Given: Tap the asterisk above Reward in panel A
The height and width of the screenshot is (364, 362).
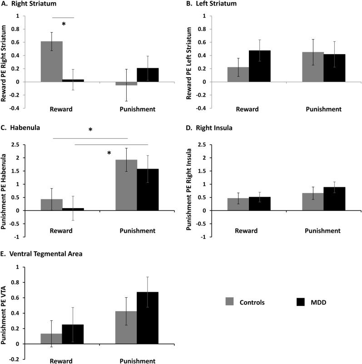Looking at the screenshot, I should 64,24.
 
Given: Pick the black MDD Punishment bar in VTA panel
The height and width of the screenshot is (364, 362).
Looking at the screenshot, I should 154,318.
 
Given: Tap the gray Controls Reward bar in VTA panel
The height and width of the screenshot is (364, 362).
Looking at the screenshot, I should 51,339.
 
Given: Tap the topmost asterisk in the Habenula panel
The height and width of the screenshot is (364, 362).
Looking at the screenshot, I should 90,130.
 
